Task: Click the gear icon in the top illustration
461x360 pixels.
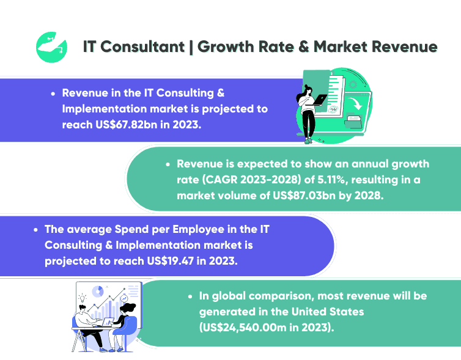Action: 333,109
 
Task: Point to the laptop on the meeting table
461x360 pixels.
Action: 106,322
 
